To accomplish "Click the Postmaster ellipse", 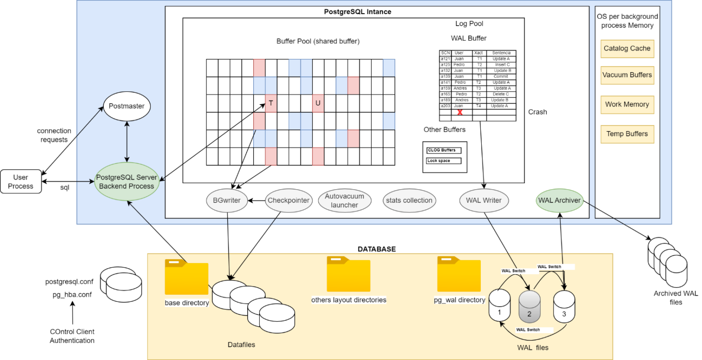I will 127,106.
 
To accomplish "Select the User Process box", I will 21,182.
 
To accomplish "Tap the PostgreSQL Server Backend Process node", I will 127,182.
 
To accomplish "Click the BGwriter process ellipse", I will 227,200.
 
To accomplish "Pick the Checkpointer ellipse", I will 288,200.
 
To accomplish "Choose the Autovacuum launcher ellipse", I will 344,201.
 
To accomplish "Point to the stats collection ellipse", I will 409,200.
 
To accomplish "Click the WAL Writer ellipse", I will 484,200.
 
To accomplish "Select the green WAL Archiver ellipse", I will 559,200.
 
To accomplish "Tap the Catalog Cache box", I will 627,48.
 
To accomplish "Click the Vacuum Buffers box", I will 627,75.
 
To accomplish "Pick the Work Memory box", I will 627,104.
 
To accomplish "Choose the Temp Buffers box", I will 627,134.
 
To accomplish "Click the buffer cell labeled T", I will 271,103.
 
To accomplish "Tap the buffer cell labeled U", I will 318,103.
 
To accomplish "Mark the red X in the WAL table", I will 460,112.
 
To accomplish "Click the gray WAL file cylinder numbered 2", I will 529,307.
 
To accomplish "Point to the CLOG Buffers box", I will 444,150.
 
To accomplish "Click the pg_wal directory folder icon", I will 459,275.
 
